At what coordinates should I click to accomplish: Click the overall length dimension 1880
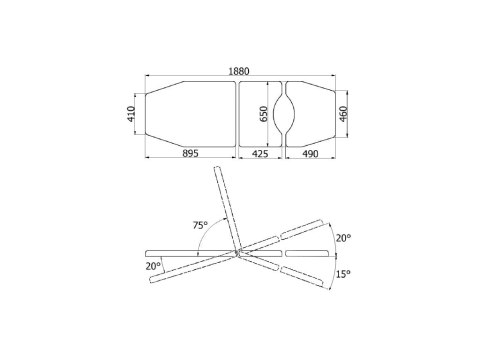pyautogui.click(x=239, y=71)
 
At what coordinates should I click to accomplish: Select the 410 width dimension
pyautogui.click(x=131, y=114)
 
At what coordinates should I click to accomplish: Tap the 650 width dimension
pyautogui.click(x=264, y=114)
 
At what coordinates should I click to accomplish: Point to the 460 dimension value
pyautogui.click(x=343, y=114)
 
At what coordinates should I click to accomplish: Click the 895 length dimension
pyautogui.click(x=190, y=153)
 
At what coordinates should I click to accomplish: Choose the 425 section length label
pyautogui.click(x=260, y=154)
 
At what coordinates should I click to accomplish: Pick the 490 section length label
pyautogui.click(x=310, y=154)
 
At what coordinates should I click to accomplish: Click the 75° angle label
pyautogui.click(x=200, y=225)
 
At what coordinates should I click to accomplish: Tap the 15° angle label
pyautogui.click(x=343, y=274)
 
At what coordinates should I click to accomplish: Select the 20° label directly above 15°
pyautogui.click(x=343, y=238)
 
